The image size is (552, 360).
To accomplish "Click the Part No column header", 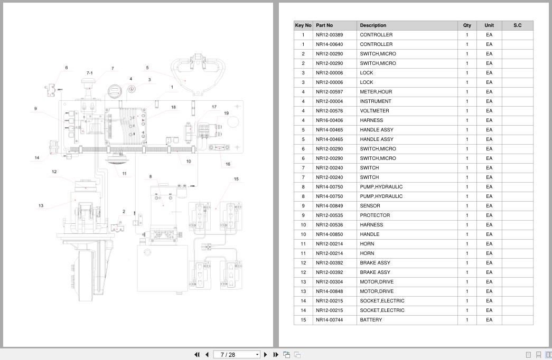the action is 324,25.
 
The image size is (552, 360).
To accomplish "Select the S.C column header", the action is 517,25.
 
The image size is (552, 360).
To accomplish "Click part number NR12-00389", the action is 329,35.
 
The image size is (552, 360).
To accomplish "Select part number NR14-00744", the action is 329,320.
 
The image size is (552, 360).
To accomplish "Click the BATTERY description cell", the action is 371,320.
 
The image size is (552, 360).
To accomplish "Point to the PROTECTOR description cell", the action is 375,215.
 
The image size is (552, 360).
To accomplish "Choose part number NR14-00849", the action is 329,206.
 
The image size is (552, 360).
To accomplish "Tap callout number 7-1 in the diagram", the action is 89,73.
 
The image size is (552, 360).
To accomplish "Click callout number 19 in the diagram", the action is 226,113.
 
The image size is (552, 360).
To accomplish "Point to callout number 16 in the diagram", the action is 228,164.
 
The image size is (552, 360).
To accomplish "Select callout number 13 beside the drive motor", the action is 41,206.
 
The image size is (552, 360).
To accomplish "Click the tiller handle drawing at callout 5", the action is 198,74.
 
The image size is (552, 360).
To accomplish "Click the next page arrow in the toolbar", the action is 266,355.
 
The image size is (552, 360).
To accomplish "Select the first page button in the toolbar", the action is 197,355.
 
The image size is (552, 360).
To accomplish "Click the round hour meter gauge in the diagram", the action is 115,91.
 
